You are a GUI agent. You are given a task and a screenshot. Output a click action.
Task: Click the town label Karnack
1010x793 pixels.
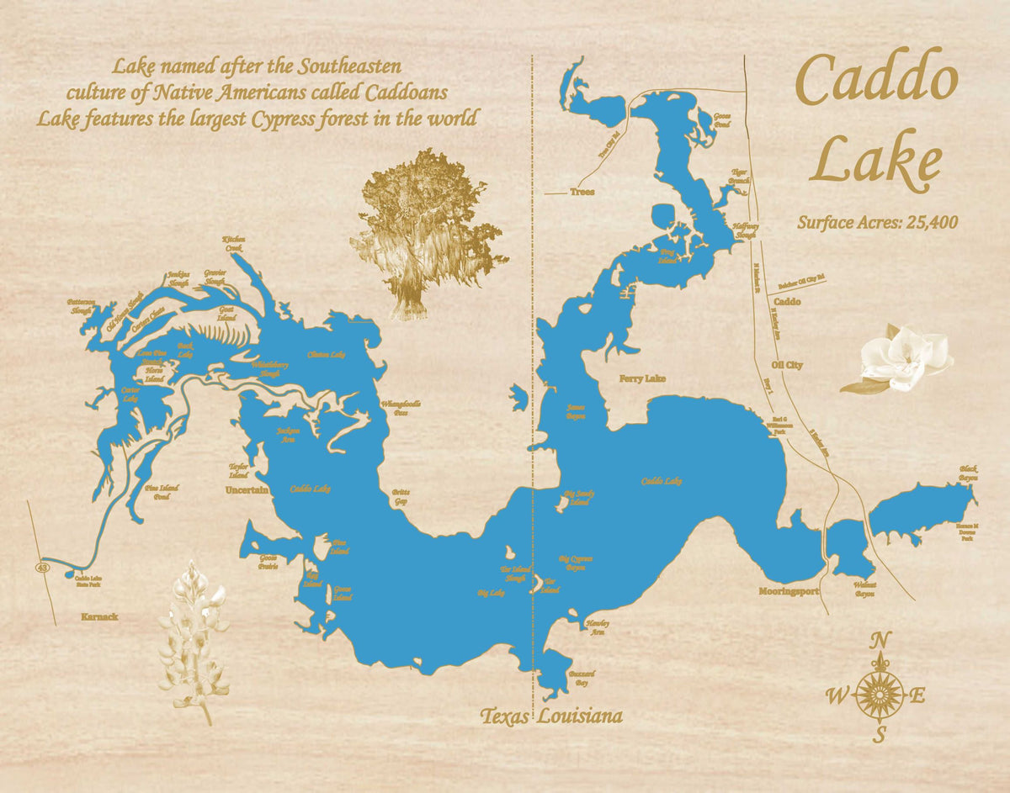[x=99, y=616]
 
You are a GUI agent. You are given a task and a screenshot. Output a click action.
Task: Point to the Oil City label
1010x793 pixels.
[x=787, y=365]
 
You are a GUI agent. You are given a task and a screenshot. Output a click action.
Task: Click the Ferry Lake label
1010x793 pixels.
[x=642, y=379]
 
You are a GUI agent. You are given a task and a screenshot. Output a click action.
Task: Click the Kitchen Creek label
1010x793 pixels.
[x=233, y=244]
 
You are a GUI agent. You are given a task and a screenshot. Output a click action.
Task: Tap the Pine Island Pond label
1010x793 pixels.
[x=157, y=492]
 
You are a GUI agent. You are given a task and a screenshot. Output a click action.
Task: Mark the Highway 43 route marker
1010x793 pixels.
[x=41, y=568]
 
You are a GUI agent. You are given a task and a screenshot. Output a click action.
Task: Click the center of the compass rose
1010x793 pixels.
[x=880, y=695]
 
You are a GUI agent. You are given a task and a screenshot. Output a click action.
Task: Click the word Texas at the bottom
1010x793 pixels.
[x=505, y=716]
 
